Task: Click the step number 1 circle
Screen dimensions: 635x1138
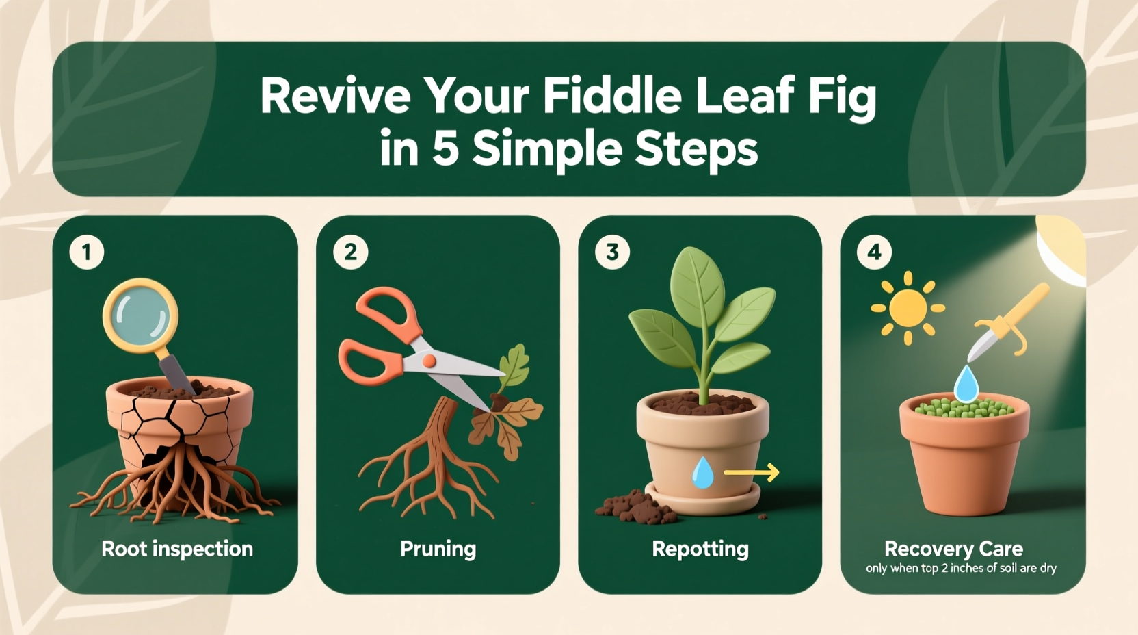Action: point(87,252)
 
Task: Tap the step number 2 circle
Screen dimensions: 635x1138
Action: point(350,252)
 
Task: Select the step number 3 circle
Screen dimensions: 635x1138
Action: point(612,252)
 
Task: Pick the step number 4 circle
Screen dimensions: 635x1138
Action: point(874,252)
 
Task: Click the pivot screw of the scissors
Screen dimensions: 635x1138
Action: point(429,361)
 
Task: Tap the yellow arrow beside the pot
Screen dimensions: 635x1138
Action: point(751,472)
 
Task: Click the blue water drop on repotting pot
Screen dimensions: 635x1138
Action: point(702,473)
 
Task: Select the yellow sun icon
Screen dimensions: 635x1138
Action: point(908,308)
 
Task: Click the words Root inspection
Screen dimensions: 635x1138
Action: point(177,549)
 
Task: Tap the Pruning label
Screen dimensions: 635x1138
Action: point(438,549)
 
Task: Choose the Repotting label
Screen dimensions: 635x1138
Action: point(700,549)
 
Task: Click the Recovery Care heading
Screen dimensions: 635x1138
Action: point(953,549)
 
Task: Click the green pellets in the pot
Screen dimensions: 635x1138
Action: point(964,408)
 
